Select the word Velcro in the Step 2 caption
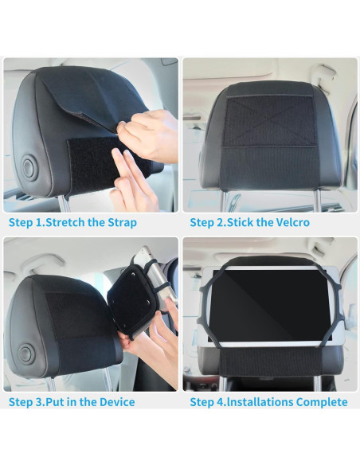pyautogui.click(x=288, y=222)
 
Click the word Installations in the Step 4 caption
pyautogui.click(x=256, y=402)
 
